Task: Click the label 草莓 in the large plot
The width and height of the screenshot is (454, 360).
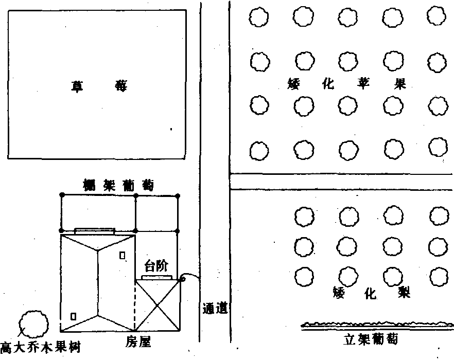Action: point(99,86)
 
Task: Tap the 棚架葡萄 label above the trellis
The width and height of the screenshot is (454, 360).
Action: point(118,185)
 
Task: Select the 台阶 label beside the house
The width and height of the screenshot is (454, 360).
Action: point(156,266)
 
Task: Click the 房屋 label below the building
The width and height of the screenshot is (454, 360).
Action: point(138,342)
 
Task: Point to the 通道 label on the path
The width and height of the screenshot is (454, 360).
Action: point(215,309)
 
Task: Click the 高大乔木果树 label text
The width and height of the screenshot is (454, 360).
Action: point(40,348)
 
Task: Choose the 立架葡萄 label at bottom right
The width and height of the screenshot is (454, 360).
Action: point(370,339)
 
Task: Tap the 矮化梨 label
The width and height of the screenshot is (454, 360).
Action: point(372,293)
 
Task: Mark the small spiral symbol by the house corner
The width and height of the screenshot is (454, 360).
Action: point(182,279)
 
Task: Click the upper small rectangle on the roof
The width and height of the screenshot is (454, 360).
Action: point(123,255)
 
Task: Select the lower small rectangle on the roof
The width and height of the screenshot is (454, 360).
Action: point(74,316)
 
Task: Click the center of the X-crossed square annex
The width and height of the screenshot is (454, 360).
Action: point(157,305)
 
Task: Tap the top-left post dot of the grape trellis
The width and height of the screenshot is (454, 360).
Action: point(62,195)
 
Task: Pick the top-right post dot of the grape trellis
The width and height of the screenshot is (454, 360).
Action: point(178,196)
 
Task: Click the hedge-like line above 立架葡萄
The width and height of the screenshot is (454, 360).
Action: point(377,325)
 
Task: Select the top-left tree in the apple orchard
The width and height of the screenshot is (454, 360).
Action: point(258,17)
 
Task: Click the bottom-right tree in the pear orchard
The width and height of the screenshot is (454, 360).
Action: point(439,277)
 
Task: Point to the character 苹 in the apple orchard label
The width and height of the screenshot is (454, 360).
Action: point(363,84)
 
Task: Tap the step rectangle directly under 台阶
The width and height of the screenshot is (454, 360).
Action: point(156,278)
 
